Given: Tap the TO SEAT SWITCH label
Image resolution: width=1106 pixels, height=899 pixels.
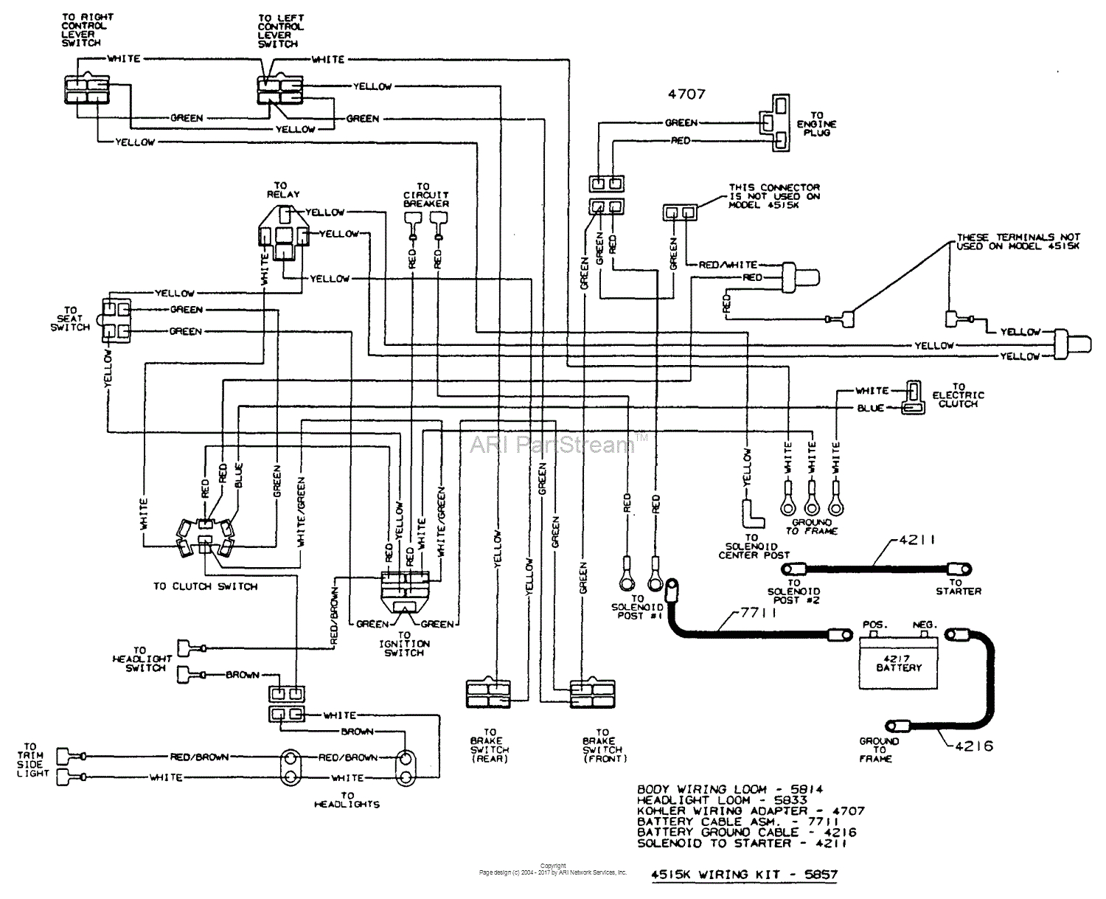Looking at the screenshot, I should (71, 319).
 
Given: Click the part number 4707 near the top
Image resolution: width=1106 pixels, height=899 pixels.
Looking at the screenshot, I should (686, 94).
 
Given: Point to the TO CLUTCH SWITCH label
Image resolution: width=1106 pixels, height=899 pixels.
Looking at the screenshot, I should (205, 586).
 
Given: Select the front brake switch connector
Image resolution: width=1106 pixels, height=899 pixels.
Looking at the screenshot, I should (591, 694).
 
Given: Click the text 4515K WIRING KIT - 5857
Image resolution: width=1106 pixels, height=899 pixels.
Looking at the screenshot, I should (745, 875).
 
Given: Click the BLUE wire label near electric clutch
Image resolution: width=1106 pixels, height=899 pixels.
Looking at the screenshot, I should (870, 408).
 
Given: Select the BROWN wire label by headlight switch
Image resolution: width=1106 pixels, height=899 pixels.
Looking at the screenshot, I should (242, 675).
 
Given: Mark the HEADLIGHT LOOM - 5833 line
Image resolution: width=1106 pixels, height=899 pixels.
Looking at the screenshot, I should (722, 799).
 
